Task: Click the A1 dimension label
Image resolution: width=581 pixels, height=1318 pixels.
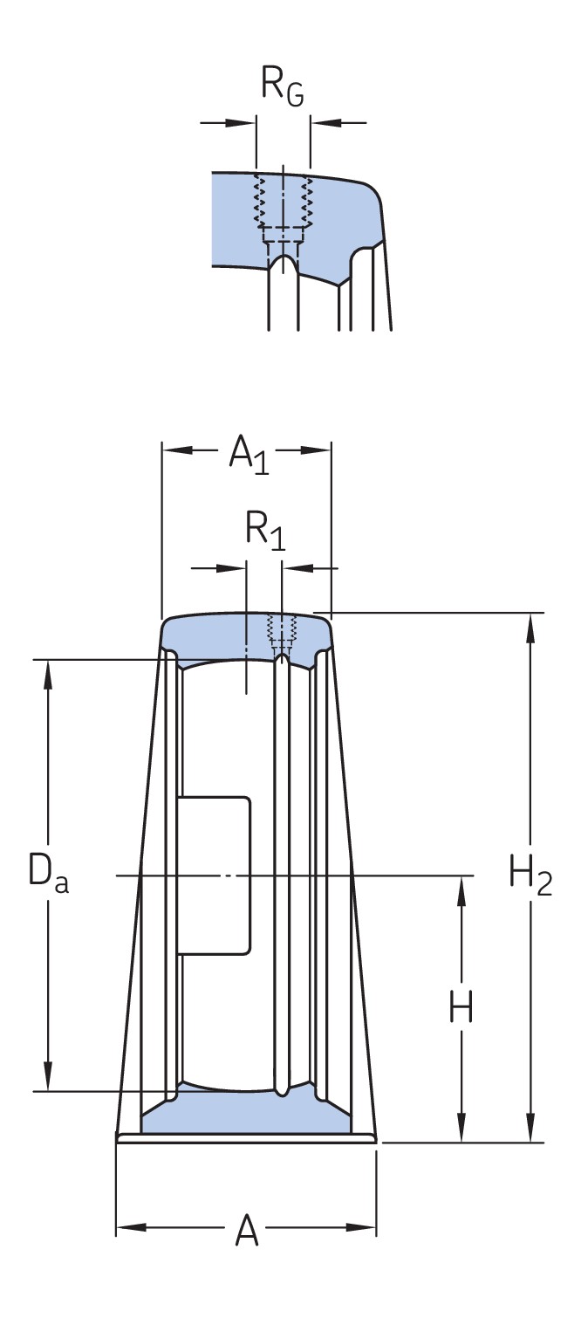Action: (x=248, y=455)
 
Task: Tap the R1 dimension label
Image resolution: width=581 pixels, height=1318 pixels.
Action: (x=264, y=532)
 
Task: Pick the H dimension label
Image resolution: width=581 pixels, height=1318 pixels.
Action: (x=460, y=1009)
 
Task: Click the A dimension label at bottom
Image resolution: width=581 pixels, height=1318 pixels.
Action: (x=248, y=1232)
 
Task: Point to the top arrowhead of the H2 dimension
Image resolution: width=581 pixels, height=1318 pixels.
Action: (x=528, y=624)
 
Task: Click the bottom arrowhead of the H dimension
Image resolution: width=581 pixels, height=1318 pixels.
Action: (x=461, y=1130)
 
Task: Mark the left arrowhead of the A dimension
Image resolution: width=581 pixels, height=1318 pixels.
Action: (x=127, y=1228)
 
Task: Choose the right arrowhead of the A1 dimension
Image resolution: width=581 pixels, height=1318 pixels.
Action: (x=320, y=450)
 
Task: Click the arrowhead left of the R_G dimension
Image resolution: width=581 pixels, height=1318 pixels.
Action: (x=246, y=122)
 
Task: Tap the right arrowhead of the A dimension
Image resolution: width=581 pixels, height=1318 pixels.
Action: (x=366, y=1228)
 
